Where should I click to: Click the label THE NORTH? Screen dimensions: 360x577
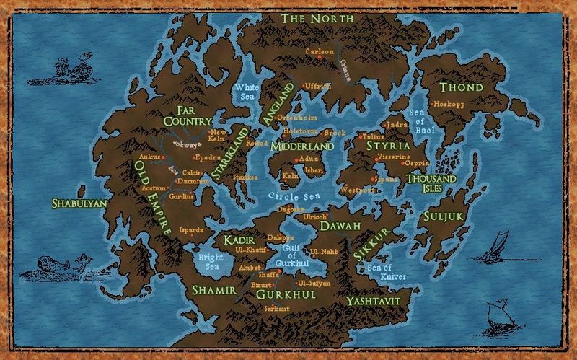(318, 17)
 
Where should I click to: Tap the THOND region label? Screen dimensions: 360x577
(462, 87)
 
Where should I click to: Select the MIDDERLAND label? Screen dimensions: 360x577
(302, 146)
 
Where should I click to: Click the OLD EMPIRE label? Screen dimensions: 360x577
(152, 198)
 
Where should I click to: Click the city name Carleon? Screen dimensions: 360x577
(320, 52)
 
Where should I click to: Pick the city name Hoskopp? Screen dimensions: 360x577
(447, 103)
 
